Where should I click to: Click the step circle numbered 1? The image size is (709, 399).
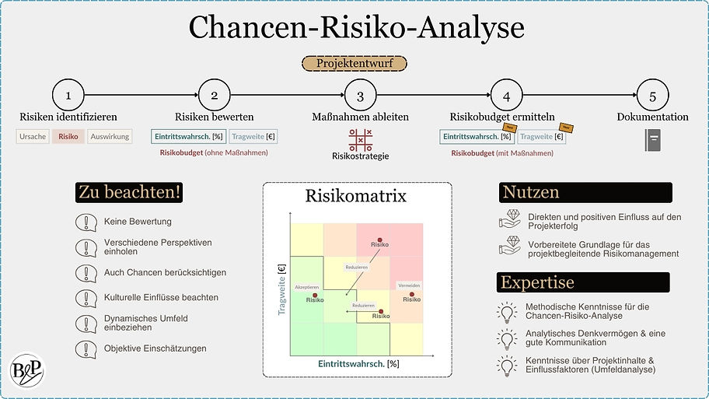(x=68, y=96)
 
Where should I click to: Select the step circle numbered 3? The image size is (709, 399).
(x=360, y=96)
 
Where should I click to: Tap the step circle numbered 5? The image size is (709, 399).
(x=652, y=96)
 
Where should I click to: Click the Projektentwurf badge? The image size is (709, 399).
(x=354, y=64)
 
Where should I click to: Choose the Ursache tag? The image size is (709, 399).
(x=33, y=137)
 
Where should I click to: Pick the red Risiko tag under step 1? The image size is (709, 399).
(x=68, y=137)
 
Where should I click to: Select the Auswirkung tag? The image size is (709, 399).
(x=109, y=137)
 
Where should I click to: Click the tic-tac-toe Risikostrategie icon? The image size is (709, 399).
(x=360, y=139)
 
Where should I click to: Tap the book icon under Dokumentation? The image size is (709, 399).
(x=652, y=139)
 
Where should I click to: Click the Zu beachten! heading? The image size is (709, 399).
(x=130, y=192)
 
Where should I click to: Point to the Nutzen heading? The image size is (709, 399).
(x=531, y=192)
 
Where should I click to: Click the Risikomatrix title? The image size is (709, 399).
(x=357, y=196)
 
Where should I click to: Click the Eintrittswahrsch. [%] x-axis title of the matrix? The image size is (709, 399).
(x=358, y=364)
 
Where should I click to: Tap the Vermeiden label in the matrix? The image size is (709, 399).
(x=409, y=286)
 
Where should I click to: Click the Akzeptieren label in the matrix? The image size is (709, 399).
(x=308, y=287)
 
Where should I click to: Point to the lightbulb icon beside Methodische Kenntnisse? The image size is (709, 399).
(x=507, y=312)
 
